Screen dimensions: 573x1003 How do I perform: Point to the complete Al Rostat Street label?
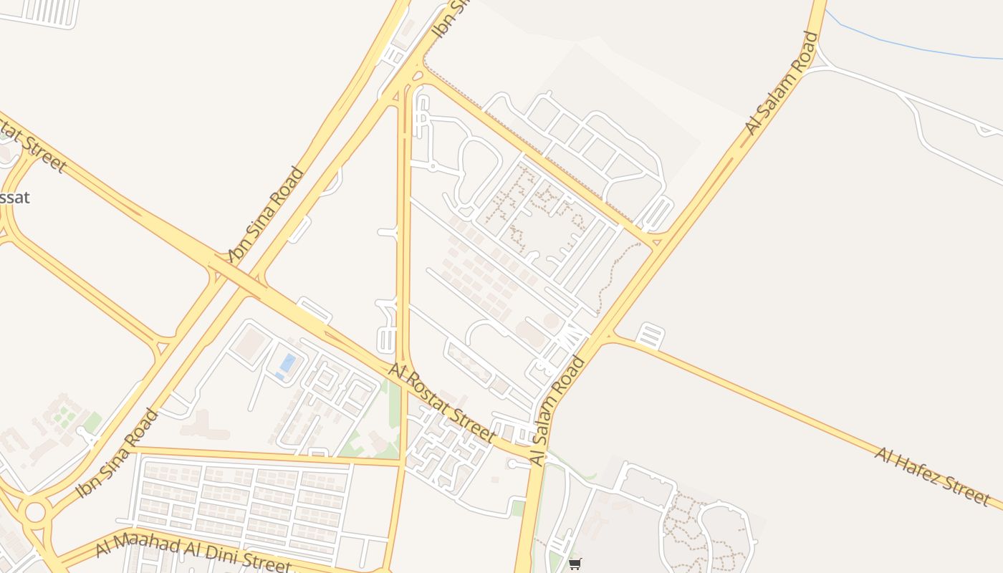[441, 402]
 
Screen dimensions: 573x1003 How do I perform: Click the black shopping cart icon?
[575, 564]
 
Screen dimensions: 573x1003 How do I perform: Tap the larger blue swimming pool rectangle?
[287, 362]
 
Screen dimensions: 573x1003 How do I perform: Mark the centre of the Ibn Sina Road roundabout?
[34, 511]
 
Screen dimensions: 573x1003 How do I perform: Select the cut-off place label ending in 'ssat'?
[14, 198]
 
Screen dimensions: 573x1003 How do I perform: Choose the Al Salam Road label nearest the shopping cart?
[558, 410]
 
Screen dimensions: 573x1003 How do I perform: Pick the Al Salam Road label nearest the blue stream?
[782, 83]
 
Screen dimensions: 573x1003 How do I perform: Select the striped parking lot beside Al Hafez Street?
[651, 335]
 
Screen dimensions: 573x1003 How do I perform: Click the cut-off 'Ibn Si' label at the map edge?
[449, 18]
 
